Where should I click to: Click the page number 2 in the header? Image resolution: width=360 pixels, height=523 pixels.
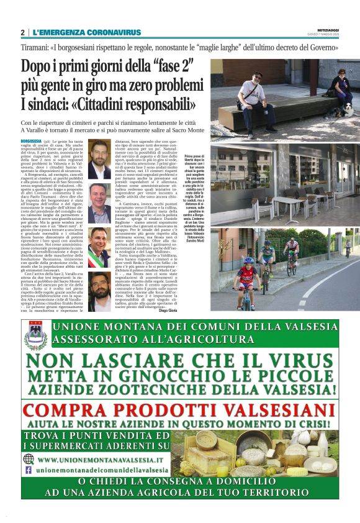click(x=22, y=32)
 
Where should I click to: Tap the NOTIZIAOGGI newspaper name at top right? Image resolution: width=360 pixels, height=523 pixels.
click(x=328, y=29)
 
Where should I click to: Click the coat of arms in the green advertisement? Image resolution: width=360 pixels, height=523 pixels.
click(x=35, y=335)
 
